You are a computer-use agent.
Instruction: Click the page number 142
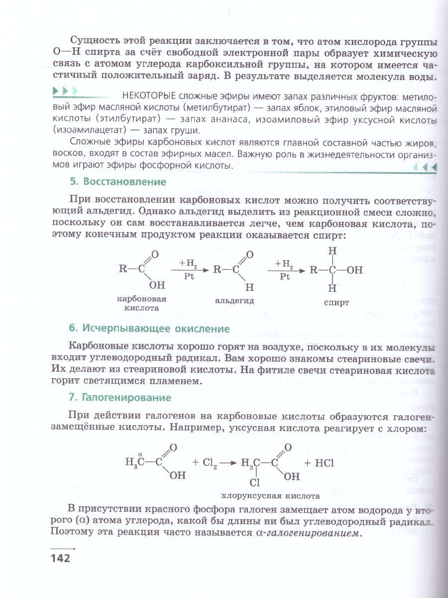[60, 557]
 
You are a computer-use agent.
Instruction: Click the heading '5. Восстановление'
[117, 181]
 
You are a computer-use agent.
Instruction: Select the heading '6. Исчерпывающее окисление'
[149, 328]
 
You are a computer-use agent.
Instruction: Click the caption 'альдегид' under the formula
[234, 300]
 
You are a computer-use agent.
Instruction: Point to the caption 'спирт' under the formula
[336, 301]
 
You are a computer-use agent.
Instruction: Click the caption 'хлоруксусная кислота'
[270, 496]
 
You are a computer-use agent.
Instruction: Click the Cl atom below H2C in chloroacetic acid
[255, 482]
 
